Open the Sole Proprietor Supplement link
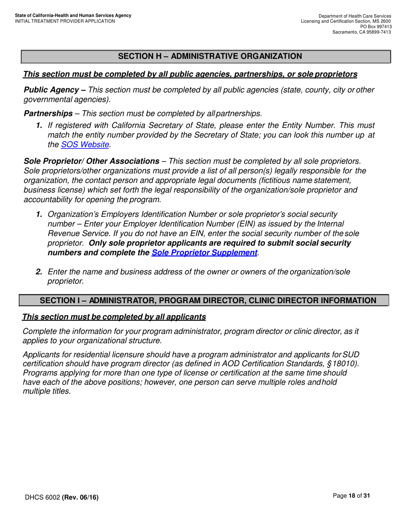click(x=204, y=252)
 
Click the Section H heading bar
click(x=206, y=56)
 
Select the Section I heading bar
click(x=204, y=300)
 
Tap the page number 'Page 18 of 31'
click(x=351, y=496)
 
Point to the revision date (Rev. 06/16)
click(x=80, y=498)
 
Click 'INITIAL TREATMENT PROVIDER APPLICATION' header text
click(x=65, y=21)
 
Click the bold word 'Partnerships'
click(x=48, y=114)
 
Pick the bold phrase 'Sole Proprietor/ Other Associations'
click(x=91, y=161)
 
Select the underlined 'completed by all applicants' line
click(x=114, y=317)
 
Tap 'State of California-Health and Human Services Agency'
click(x=73, y=15)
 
